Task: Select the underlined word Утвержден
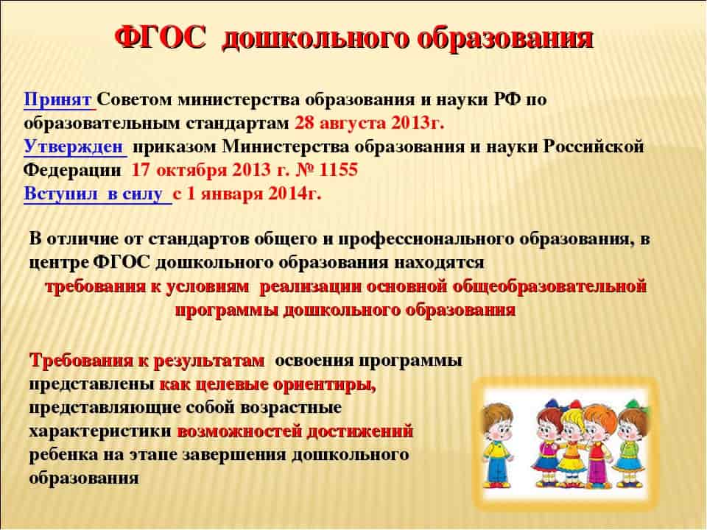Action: (73, 147)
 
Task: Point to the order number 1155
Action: (338, 170)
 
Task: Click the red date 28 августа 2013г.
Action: (369, 123)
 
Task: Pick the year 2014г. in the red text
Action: (295, 194)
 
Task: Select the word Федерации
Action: (72, 170)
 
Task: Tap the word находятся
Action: (439, 263)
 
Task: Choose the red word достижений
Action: (360, 432)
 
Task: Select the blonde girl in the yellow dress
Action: (573, 446)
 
